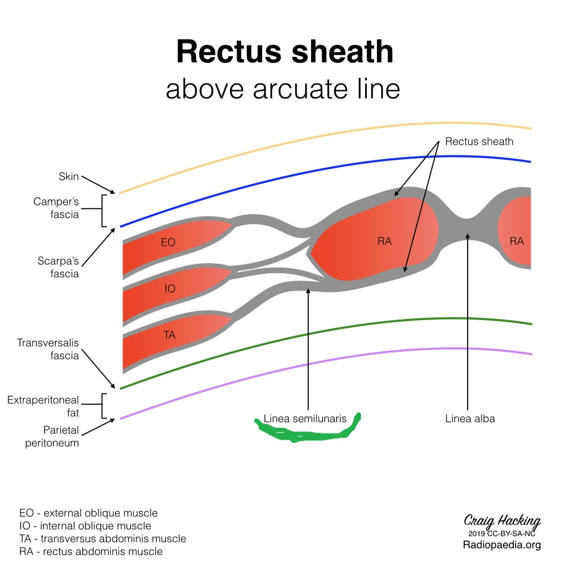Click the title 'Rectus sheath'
click(x=284, y=51)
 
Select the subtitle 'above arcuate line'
click(x=283, y=89)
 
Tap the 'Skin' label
click(x=68, y=176)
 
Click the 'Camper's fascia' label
click(x=56, y=208)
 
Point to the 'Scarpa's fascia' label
click(x=58, y=267)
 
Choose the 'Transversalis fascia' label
click(x=48, y=349)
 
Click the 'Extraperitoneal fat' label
click(x=43, y=406)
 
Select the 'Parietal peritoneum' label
click(x=52, y=436)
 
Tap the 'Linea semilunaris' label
click(x=305, y=419)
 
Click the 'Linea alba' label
click(x=470, y=419)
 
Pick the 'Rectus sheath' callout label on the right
click(x=479, y=141)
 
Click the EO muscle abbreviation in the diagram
click(x=168, y=243)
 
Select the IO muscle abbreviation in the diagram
click(x=170, y=289)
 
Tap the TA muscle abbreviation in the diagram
click(x=169, y=335)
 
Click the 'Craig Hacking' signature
click(x=502, y=521)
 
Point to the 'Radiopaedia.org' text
click(x=502, y=545)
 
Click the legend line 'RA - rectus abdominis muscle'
click(x=91, y=552)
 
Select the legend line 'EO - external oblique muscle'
click(x=89, y=513)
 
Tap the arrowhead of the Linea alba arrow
click(x=468, y=236)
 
